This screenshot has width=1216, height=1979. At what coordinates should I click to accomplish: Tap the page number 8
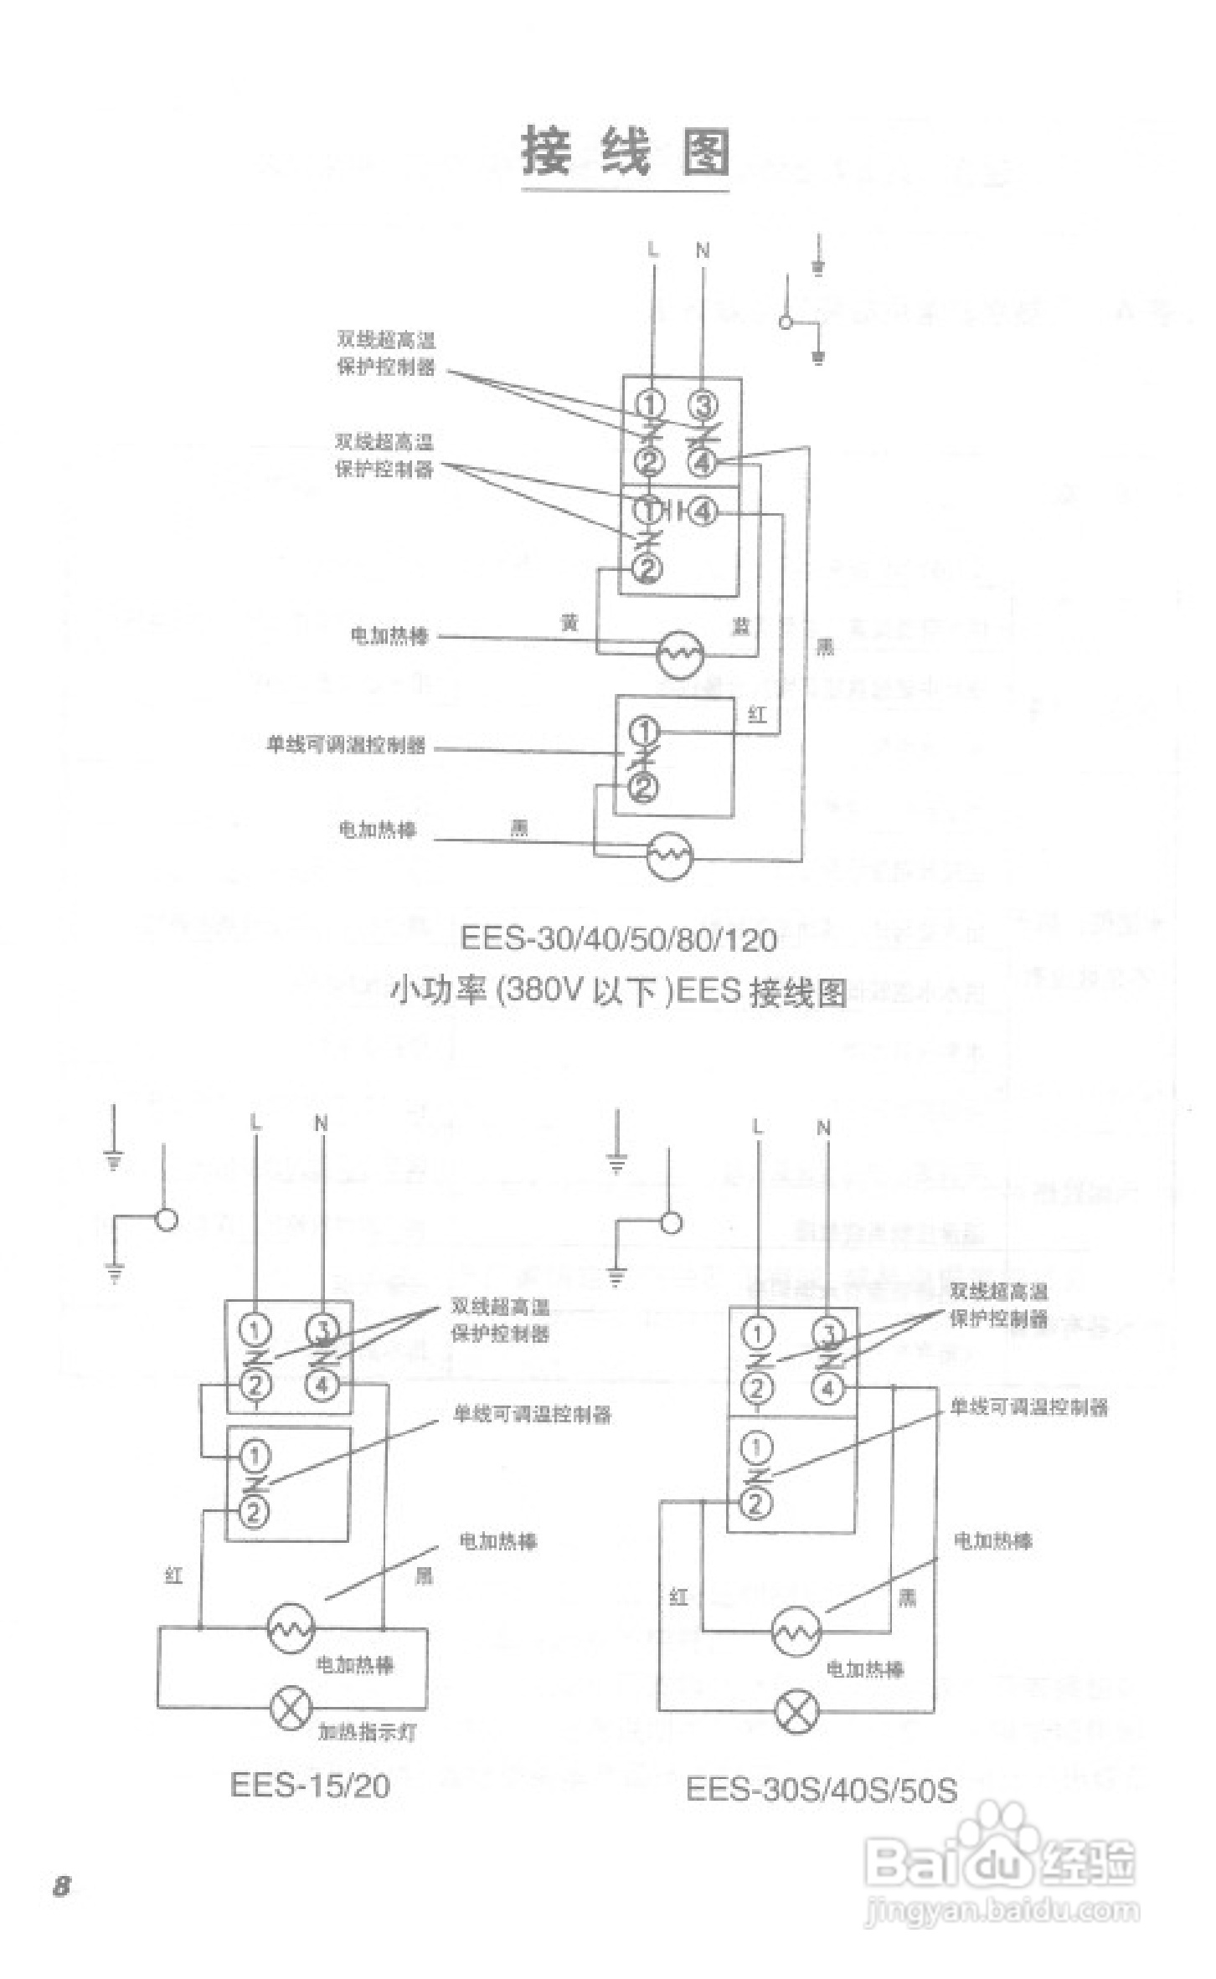coord(62,1887)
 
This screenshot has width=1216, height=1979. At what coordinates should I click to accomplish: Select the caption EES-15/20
coord(310,1786)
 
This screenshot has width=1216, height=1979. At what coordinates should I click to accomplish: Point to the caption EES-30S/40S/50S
coord(821,1791)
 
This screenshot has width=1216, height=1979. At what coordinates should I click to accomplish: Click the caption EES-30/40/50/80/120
coord(619,939)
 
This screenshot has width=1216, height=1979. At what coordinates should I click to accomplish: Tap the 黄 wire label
coord(569,622)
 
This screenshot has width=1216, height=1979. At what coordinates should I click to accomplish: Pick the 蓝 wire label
coord(741,625)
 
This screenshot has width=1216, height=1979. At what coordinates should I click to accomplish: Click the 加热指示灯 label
coord(367,1732)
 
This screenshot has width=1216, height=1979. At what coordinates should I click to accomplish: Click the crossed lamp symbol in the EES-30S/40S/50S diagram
coord(797,1710)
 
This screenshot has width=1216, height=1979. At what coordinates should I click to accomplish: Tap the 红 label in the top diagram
coord(757,715)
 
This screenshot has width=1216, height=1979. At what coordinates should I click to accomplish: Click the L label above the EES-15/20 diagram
coord(256,1123)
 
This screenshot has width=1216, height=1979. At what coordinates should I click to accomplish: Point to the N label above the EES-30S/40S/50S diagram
coord(824,1128)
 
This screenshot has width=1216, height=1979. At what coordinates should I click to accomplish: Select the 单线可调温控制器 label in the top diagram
coord(347,745)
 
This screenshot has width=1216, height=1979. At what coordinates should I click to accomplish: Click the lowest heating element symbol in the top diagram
coord(670,855)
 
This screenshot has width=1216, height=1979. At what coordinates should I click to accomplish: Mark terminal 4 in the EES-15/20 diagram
coord(322,1385)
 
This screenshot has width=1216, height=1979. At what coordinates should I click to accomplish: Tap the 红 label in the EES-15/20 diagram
coord(173,1575)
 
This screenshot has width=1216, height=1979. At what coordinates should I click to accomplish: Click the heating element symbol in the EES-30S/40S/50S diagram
coord(796,1631)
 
